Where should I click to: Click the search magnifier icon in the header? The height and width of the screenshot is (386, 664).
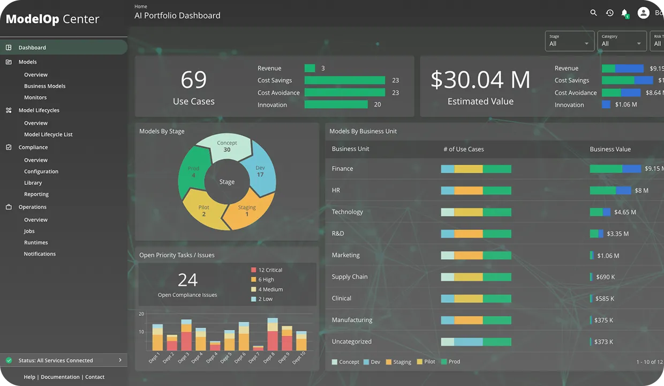click(593, 13)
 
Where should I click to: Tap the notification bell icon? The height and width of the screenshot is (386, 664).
click(624, 13)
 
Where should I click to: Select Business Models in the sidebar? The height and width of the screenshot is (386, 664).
click(44, 86)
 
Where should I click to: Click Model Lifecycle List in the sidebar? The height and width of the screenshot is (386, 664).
click(48, 135)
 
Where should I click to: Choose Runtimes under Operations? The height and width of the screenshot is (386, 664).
click(36, 242)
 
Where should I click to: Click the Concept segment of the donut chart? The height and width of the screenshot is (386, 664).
click(227, 146)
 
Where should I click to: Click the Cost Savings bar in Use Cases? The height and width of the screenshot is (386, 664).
click(344, 80)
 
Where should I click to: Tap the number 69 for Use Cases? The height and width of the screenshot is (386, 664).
click(193, 80)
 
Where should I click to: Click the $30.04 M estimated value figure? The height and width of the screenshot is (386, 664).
click(480, 80)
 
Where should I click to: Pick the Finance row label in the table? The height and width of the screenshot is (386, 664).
click(342, 168)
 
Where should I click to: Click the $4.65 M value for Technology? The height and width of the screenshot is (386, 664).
click(625, 212)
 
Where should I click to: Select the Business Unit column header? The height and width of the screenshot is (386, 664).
click(350, 149)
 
